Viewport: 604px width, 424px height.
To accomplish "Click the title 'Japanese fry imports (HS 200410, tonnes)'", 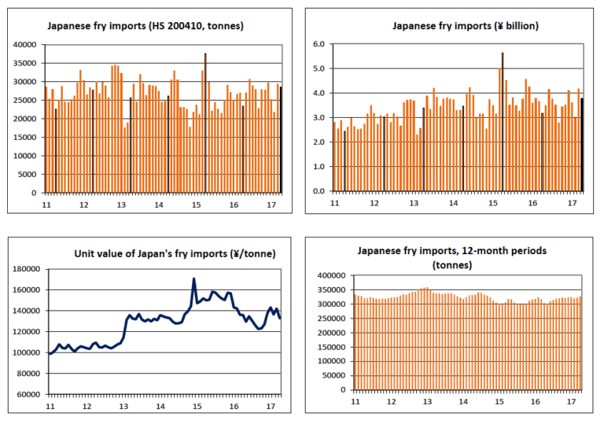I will click(x=145, y=26).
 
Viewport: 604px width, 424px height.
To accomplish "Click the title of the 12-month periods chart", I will click(x=451, y=258).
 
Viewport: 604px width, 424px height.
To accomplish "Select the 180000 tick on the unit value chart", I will click(x=27, y=269).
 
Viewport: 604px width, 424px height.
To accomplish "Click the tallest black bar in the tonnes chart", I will click(x=205, y=118).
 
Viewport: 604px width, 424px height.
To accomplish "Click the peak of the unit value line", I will click(x=194, y=279).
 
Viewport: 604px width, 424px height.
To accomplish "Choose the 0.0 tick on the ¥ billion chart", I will click(x=319, y=191).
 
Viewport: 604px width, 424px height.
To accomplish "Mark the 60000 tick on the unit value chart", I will click(x=29, y=394).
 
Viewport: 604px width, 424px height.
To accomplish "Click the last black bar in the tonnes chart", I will click(x=281, y=139).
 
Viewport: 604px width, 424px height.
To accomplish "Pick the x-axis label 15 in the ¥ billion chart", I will click(x=493, y=203).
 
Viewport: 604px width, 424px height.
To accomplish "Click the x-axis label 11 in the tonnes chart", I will click(x=46, y=205).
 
